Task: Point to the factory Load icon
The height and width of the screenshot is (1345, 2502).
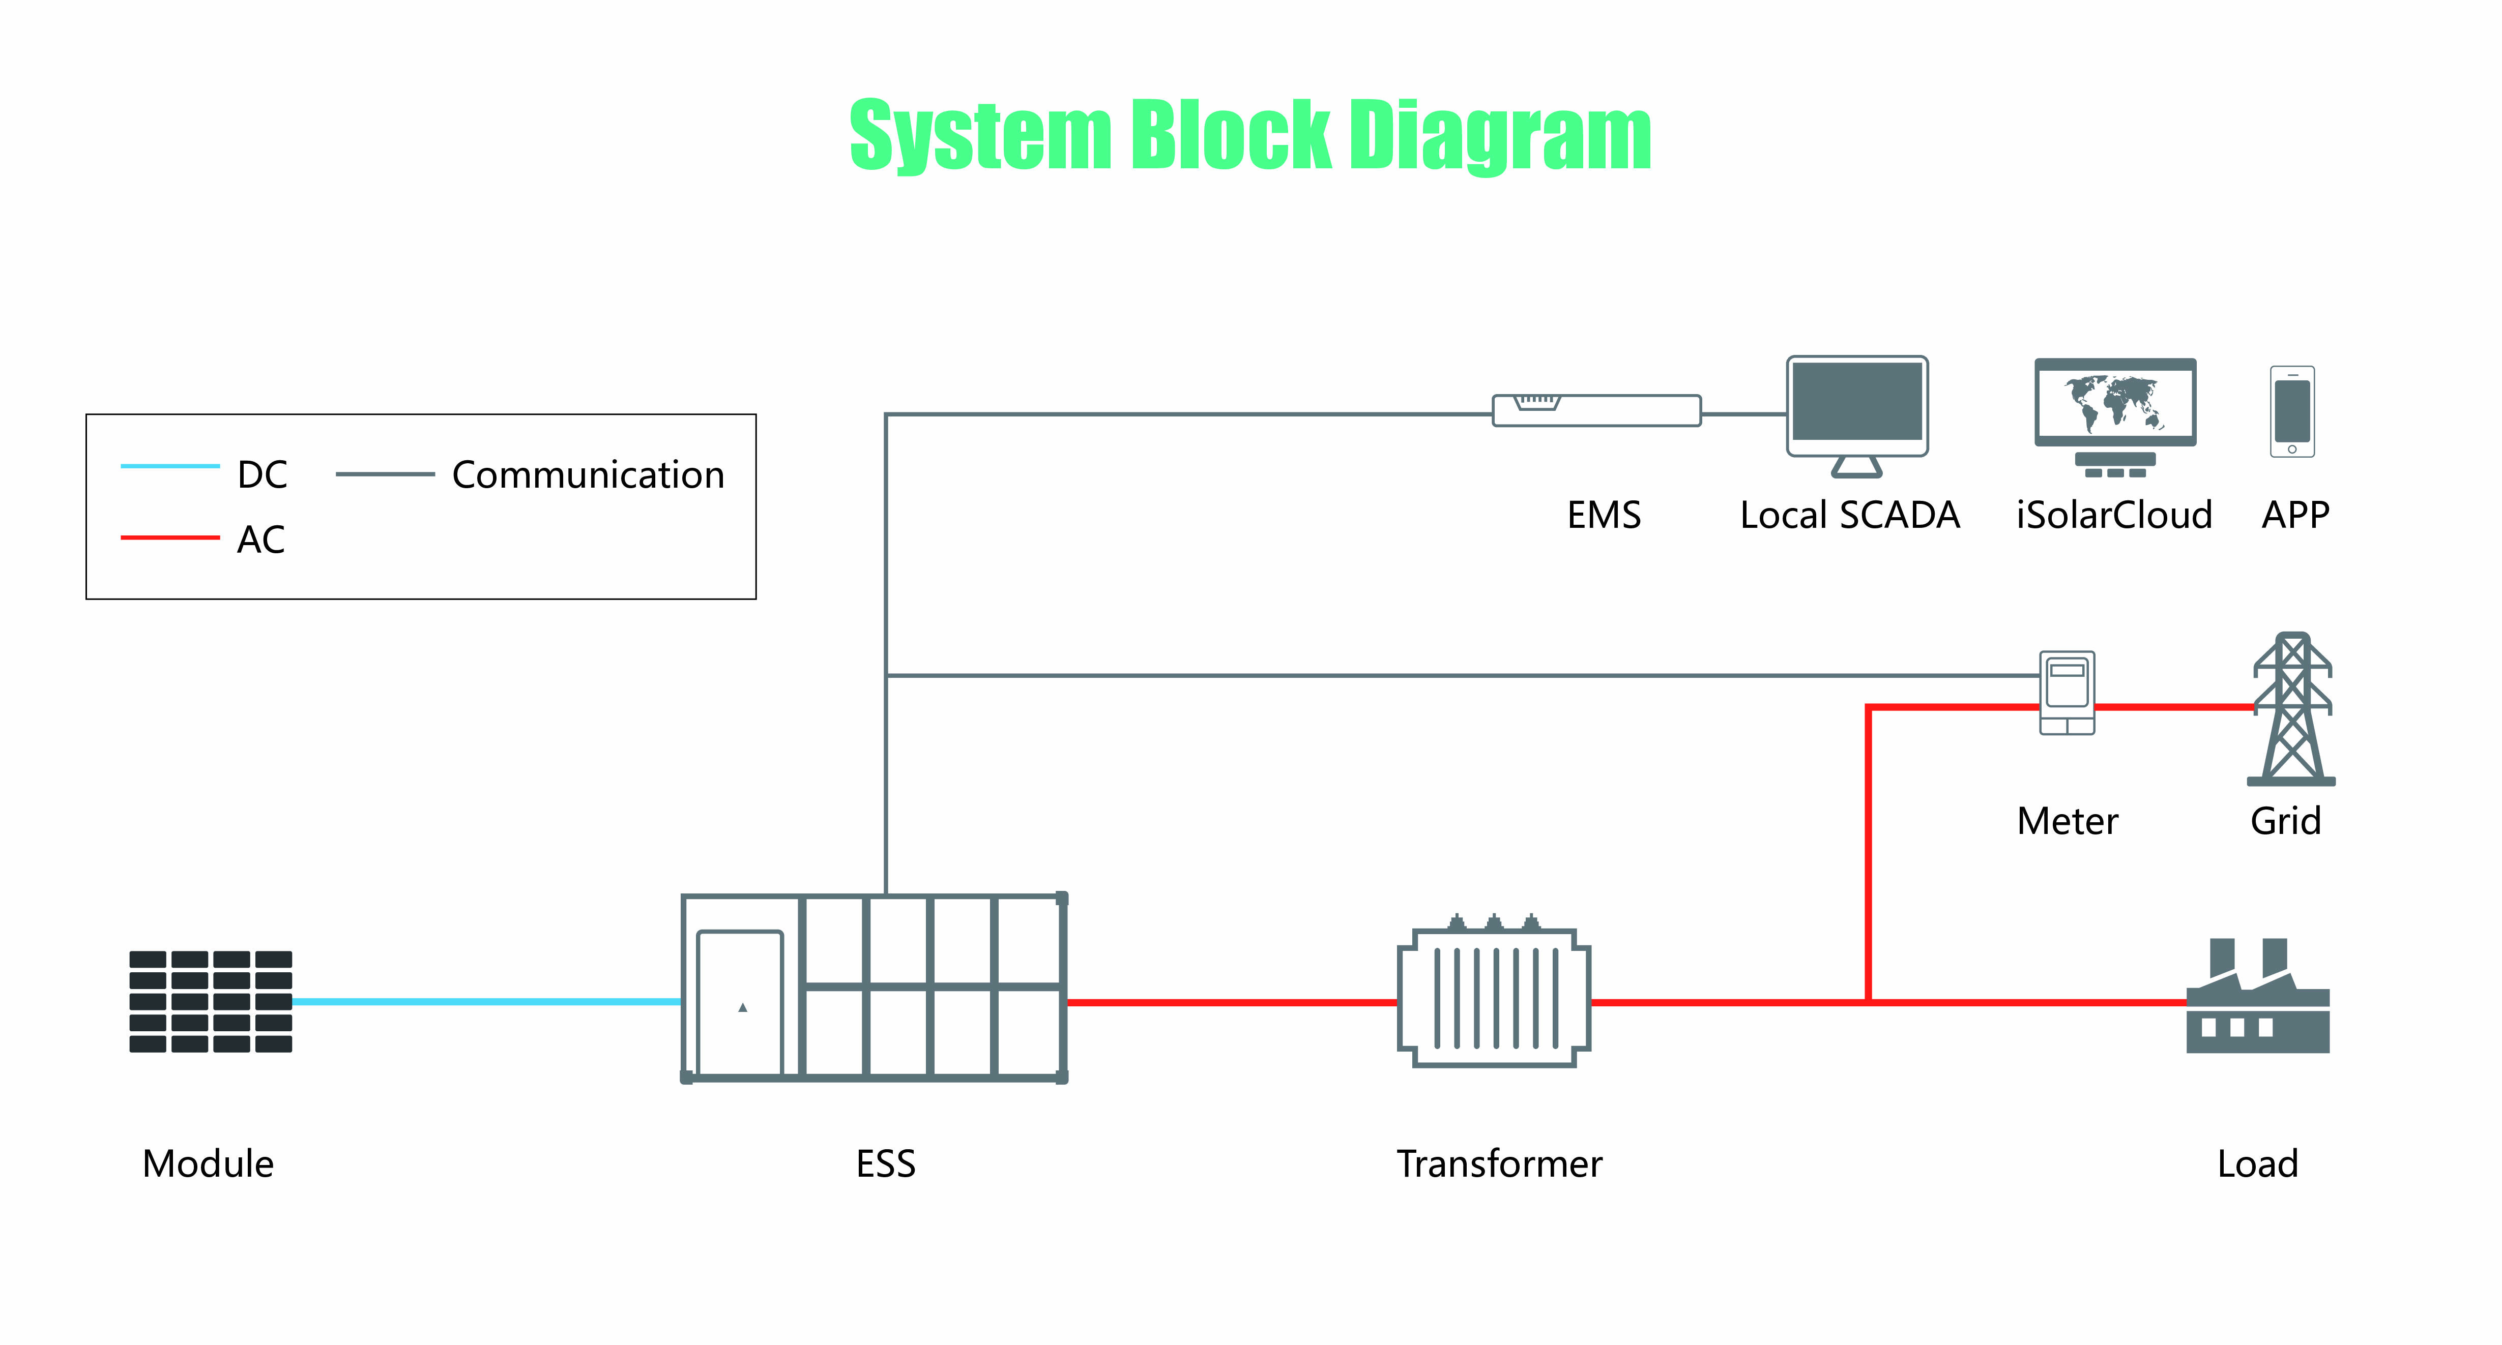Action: point(2257,1000)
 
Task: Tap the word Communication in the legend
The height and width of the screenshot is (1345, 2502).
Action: point(588,475)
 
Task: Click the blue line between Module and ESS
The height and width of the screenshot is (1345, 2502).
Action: point(486,1001)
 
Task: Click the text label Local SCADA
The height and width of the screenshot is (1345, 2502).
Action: point(1849,515)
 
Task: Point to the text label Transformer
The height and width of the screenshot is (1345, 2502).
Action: point(1499,1163)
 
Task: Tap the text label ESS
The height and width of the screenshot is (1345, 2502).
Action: point(885,1163)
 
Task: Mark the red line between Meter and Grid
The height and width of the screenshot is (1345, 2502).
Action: point(2174,707)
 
